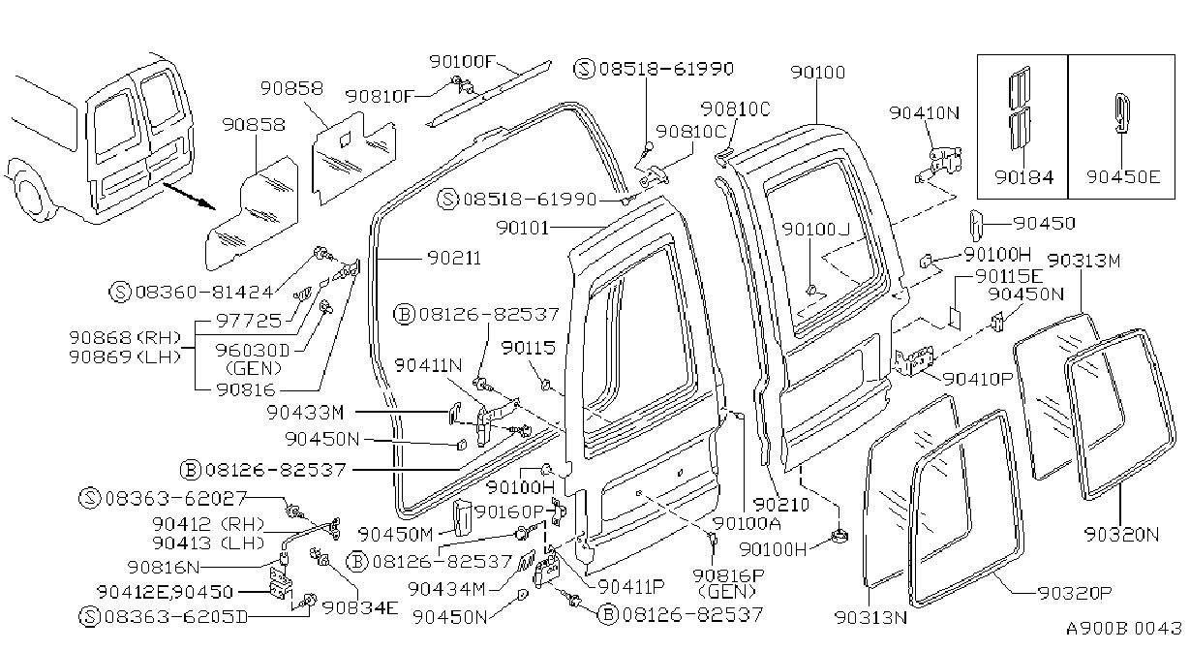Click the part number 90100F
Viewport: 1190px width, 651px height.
point(462,62)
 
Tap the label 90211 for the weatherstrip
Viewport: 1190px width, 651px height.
point(454,259)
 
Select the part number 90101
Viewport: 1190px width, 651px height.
point(522,228)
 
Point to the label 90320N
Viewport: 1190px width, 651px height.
point(1121,534)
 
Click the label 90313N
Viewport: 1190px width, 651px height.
point(870,617)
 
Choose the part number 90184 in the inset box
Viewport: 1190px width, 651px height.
point(1023,177)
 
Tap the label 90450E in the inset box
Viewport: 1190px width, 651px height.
point(1123,177)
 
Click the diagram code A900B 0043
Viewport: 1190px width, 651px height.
point(1123,629)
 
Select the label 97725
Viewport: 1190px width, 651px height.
point(249,321)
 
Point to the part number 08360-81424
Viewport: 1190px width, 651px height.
point(204,292)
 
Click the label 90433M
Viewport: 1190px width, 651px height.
point(305,413)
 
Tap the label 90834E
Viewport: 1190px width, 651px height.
point(360,607)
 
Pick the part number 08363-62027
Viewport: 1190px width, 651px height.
point(176,498)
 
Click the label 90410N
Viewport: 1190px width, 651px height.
point(925,112)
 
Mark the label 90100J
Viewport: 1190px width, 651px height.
point(816,229)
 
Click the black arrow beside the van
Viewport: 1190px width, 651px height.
point(190,196)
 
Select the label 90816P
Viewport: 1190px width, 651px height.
point(728,575)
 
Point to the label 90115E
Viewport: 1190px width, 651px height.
point(1009,276)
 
